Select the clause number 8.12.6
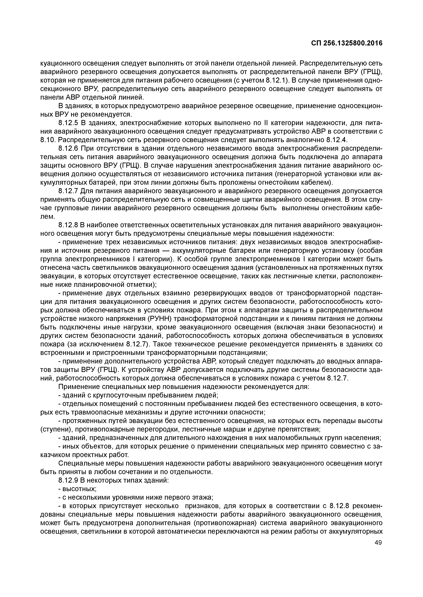point(68,148)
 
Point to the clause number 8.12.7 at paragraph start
point(68,191)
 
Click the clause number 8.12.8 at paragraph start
point(68,225)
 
